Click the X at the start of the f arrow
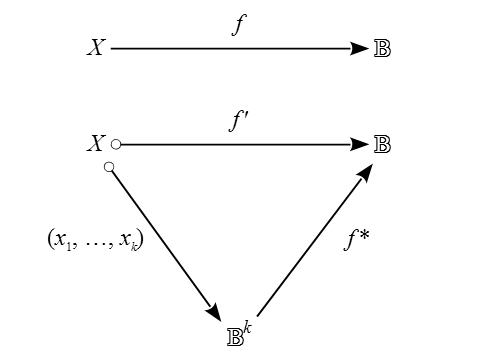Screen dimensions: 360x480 tap(96, 48)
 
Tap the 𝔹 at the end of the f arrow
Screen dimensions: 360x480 tap(381, 48)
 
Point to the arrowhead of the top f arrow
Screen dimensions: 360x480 tap(360, 48)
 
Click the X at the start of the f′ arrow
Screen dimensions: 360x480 tap(96, 144)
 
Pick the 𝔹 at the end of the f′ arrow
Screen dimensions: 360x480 tap(381, 144)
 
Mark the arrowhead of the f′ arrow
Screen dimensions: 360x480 tap(360, 144)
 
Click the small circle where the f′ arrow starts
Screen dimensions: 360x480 tap(116, 144)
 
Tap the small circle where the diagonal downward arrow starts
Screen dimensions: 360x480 tap(109, 165)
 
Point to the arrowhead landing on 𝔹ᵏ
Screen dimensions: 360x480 tap(213, 312)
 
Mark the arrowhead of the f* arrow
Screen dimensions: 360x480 tap(365, 172)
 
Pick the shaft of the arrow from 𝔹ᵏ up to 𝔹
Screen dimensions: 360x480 tap(310, 245)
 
